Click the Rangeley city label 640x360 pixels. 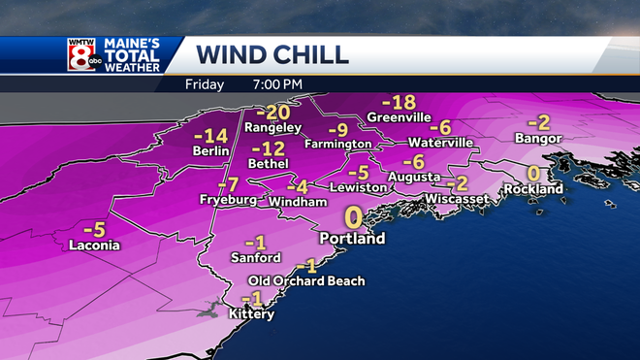point(272,128)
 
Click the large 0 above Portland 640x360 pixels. point(354,215)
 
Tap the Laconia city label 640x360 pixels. point(95,245)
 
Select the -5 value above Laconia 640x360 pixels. point(94,230)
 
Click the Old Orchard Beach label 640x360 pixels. point(306,281)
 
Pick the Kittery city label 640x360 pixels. point(251,314)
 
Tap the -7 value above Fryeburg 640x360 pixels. point(228,184)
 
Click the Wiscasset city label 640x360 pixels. point(457,200)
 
